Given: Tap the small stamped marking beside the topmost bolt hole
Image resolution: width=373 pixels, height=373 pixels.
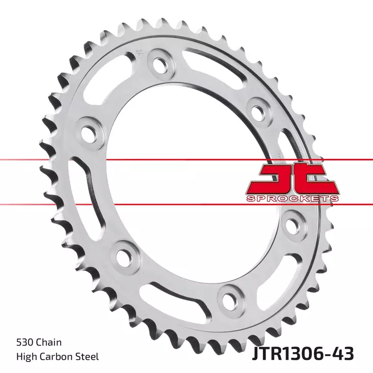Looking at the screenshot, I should [x=139, y=53].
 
